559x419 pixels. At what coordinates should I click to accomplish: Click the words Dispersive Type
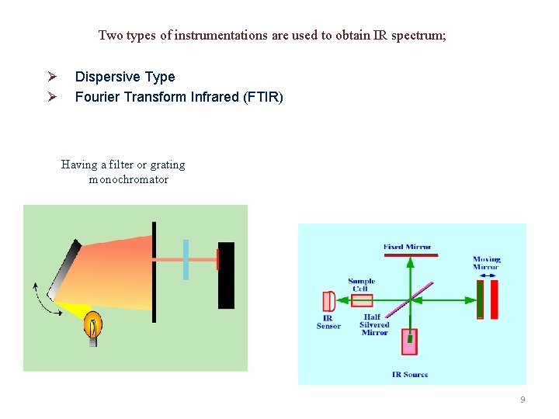point(124,77)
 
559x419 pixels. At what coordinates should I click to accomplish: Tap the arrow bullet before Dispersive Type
point(51,77)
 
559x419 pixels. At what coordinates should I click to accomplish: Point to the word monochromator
point(129,179)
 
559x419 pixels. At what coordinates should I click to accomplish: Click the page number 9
point(523,399)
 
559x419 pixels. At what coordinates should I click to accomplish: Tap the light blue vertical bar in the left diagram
point(186,259)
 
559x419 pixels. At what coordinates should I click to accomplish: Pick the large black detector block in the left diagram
point(226,275)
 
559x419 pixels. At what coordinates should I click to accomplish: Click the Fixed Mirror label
point(407,247)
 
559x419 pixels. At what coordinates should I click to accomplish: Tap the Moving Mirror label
point(487,263)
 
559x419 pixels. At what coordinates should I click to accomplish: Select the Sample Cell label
point(362,285)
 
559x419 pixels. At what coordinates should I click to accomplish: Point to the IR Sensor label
point(328,322)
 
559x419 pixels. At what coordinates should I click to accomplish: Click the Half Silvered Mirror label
point(374,324)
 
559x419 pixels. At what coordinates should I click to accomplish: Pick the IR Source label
point(410,374)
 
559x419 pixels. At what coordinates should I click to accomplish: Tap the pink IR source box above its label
point(409,341)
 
